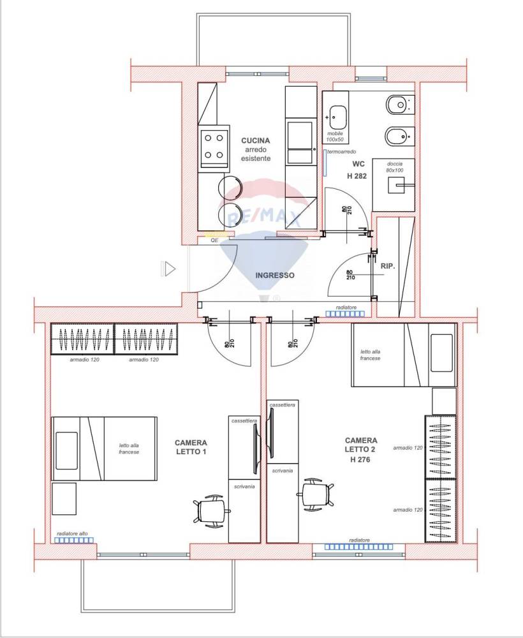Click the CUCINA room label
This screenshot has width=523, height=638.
pos(255,140)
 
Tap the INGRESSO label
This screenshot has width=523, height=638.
pos(275,276)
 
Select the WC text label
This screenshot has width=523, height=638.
pos(358,164)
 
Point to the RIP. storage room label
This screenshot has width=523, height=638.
pos(388,266)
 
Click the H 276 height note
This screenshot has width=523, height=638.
pos(360,459)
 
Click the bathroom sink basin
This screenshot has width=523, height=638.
pos(337,117)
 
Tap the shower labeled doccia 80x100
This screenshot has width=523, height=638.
pos(394,185)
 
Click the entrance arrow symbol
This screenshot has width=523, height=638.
pos(168,269)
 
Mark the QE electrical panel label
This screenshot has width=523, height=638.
pos(214,241)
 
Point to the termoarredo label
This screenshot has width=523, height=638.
pos(342,151)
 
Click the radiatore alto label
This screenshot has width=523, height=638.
pos(72,533)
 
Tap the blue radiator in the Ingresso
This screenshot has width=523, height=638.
pos(346,314)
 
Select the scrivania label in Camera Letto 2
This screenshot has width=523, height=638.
pos(283,471)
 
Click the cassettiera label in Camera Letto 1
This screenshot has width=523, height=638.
pos(244,420)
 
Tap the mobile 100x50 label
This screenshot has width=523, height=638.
pos(335,137)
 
